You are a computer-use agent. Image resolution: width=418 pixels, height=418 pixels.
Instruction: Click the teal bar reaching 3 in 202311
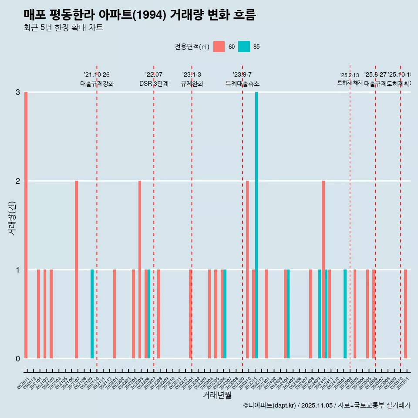pyautogui.click(x=256, y=225)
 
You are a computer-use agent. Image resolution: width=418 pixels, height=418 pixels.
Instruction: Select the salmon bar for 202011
pyautogui.click(x=26, y=225)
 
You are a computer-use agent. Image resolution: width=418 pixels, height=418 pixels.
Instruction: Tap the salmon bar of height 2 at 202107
pyautogui.click(x=76, y=270)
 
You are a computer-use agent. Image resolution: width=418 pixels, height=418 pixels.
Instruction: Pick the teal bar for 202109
pyautogui.click(x=92, y=314)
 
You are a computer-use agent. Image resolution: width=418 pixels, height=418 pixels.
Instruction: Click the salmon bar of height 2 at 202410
pyautogui.click(x=323, y=270)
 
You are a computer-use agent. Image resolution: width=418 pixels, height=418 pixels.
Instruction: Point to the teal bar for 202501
pyautogui.click(x=345, y=314)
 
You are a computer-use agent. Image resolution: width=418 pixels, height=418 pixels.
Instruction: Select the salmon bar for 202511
pyautogui.click(x=405, y=314)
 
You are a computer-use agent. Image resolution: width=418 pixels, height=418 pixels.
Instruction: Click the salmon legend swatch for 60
pyautogui.click(x=219, y=47)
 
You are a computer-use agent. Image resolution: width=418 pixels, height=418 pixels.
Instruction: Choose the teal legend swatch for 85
pyautogui.click(x=244, y=47)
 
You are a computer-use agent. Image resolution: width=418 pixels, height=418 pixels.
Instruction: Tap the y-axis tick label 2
pyautogui.click(x=18, y=181)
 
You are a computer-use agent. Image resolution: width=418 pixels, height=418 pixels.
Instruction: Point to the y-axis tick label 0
pyautogui.click(x=18, y=359)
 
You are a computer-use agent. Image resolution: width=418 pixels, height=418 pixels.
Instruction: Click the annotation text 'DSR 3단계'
pyautogui.click(x=154, y=84)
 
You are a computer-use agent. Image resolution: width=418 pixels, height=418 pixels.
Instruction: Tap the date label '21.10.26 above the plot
pyautogui.click(x=97, y=75)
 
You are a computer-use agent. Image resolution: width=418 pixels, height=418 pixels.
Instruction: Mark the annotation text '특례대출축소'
pyautogui.click(x=242, y=84)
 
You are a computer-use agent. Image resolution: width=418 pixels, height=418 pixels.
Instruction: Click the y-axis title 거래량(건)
pyautogui.click(x=12, y=218)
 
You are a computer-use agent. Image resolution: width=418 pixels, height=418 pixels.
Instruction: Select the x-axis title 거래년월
pyautogui.click(x=217, y=395)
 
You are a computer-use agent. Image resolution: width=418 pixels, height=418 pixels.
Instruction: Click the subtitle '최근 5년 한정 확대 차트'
pyautogui.click(x=63, y=28)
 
